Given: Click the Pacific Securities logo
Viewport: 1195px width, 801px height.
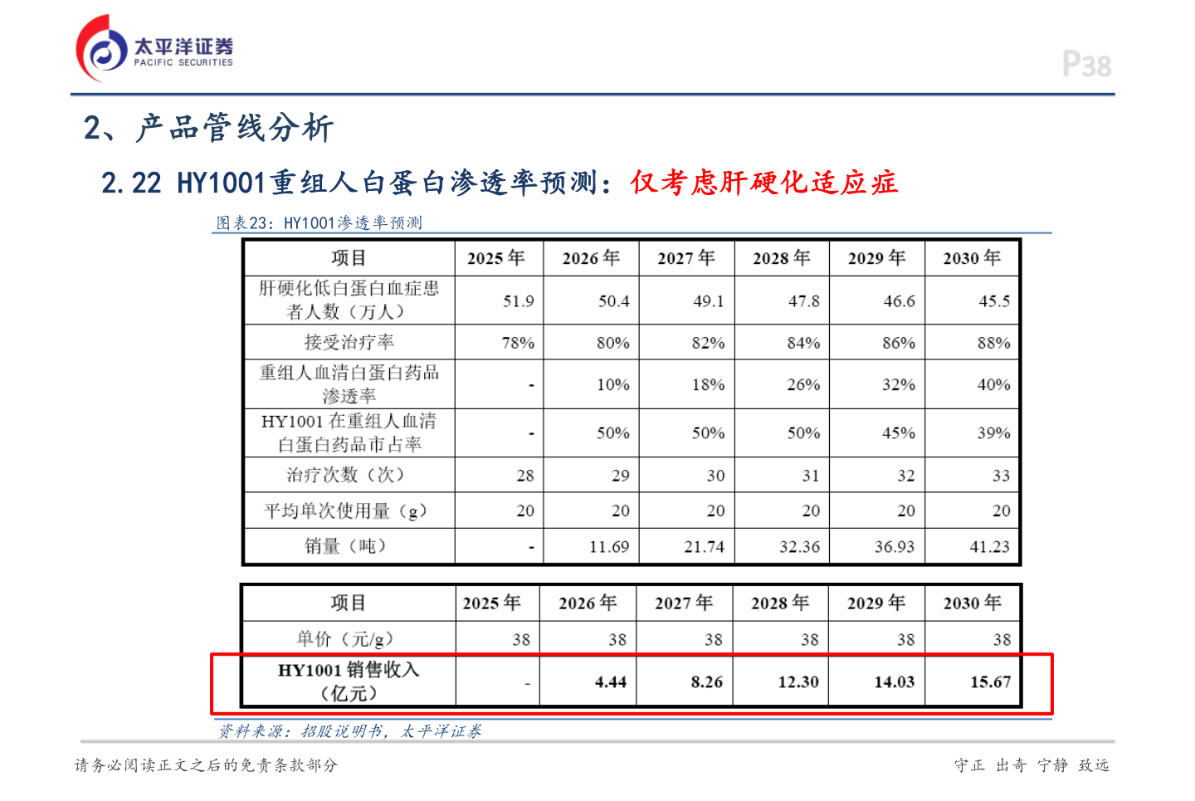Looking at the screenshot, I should [154, 50].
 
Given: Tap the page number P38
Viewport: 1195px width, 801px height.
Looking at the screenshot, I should [1086, 65].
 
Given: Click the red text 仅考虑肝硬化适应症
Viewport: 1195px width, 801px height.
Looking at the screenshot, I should [763, 183].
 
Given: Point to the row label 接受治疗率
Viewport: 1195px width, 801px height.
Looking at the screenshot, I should [349, 342].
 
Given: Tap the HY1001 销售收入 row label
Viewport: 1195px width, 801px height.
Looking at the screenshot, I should [349, 681].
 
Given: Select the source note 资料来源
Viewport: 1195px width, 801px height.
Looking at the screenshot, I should [349, 731].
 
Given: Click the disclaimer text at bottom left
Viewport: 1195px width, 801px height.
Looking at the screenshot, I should [206, 765].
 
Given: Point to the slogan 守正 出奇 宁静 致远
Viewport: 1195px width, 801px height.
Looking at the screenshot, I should [1032, 765].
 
